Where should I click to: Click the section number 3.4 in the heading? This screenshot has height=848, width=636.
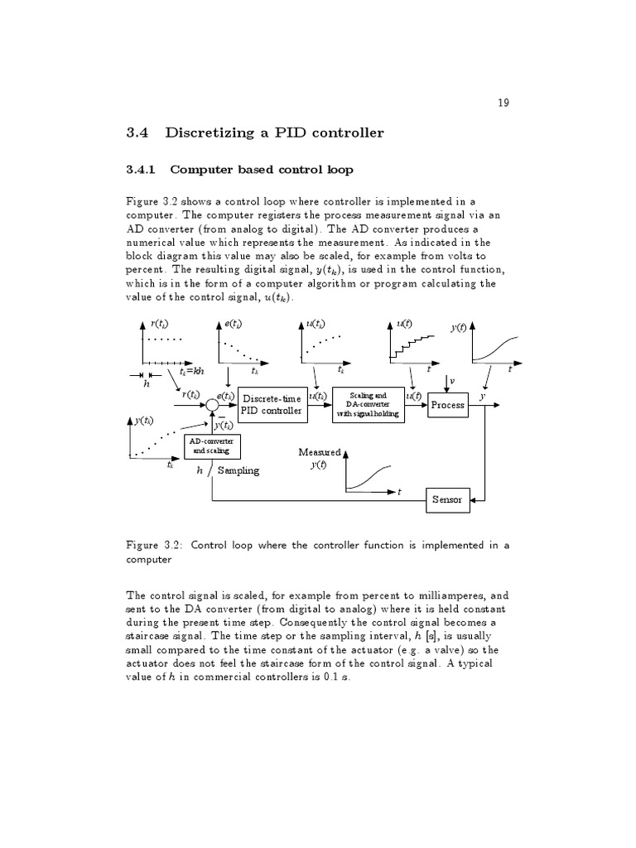(136, 133)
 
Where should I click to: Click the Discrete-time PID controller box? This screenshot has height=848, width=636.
(271, 404)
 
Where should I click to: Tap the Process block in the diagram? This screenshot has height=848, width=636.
(447, 405)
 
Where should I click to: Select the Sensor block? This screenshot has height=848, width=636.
(446, 499)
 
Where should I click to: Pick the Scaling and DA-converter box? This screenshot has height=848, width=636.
(369, 405)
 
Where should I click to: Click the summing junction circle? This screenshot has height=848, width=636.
(212, 405)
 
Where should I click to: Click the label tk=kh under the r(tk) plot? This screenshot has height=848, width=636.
(192, 372)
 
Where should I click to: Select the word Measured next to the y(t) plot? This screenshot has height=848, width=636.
(320, 452)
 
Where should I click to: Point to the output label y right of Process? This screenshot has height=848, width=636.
(481, 397)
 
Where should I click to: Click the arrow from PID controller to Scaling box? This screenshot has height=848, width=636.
(318, 405)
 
